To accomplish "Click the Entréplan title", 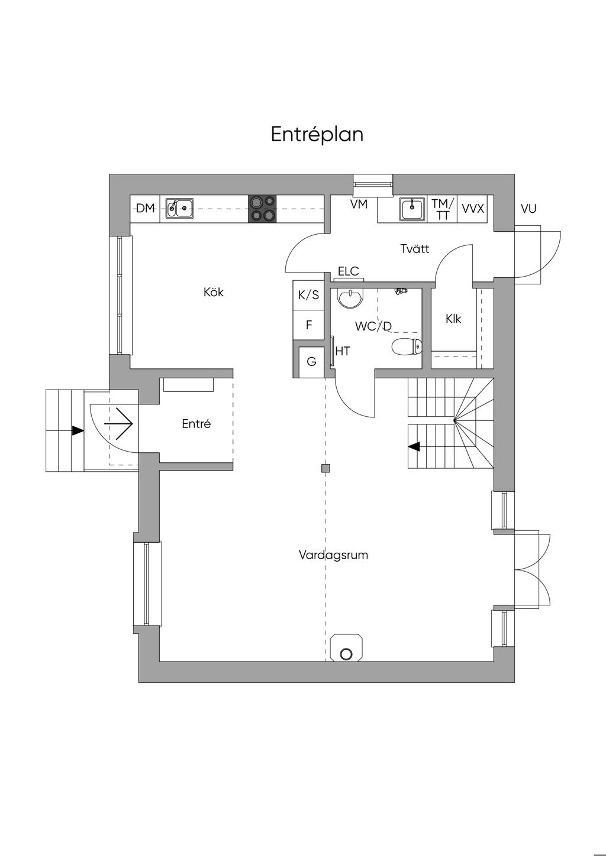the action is pos(317,135).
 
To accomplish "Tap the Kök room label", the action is pos(214,293).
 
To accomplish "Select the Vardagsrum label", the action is pos(333,555).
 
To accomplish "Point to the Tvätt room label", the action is pos(415,249).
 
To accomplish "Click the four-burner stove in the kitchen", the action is pos(262,209).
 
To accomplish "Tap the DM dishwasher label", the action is pos(146,208).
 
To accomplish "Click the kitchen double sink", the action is pos(179,208).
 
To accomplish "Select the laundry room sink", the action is pos(412,209).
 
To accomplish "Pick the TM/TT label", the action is pos(443,209).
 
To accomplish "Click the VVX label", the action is pos(473,209).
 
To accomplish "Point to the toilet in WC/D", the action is pos(407,347).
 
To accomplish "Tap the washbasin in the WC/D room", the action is pos(350,298).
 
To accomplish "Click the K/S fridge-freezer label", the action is pos(308,295).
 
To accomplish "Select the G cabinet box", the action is pos(311,361).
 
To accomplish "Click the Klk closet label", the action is pos(453,319).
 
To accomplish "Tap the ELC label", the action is pos(349,271).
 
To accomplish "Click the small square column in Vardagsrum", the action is pos(325,469).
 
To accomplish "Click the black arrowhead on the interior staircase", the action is pos(414,446).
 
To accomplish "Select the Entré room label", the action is pos(196,424).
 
